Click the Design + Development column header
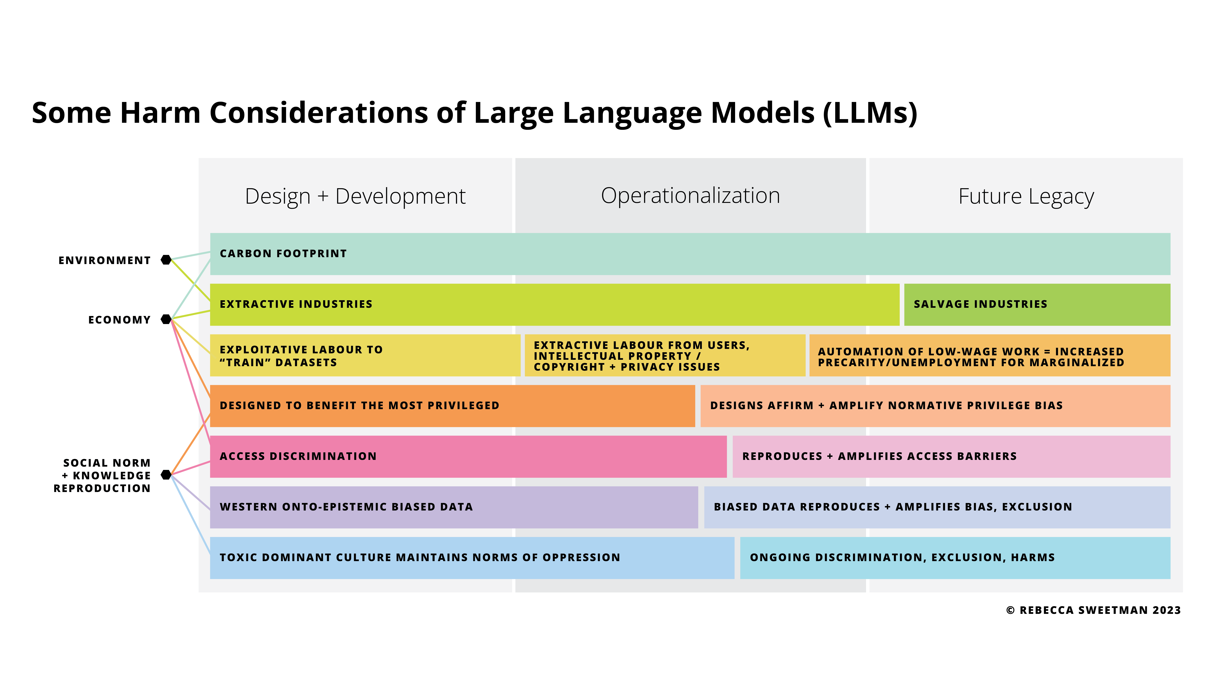tap(355, 196)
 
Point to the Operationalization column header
tap(690, 196)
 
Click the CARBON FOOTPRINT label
tap(283, 253)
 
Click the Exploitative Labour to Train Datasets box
tap(365, 356)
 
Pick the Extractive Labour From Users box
tap(665, 356)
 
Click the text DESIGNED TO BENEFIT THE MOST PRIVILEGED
tap(359, 405)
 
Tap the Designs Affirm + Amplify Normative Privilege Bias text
tap(886, 405)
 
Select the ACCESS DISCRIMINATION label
tap(298, 456)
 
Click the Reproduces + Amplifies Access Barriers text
tap(879, 456)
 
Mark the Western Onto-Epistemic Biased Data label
tap(346, 507)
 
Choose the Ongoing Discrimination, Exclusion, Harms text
tap(902, 557)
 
